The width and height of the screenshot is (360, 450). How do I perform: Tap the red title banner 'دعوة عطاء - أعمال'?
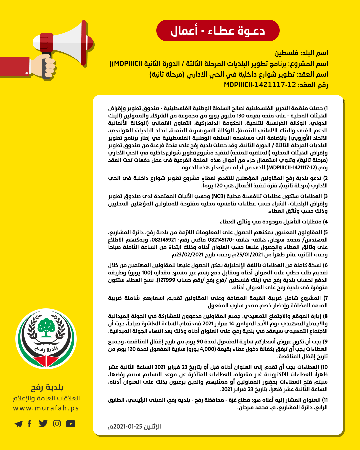point(218,31)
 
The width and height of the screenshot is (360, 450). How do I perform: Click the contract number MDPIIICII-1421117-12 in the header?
point(260,85)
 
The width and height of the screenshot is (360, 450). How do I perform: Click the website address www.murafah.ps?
point(46,408)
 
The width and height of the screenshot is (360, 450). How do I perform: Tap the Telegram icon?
point(19,424)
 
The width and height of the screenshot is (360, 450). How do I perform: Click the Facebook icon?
point(30,424)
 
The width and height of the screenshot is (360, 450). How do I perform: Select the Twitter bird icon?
point(43,424)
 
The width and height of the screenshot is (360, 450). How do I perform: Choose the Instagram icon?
point(57,424)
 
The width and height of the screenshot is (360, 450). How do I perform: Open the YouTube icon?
point(71,424)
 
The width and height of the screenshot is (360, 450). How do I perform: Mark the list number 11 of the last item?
point(325,400)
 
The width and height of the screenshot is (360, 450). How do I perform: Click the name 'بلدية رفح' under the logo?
point(47,387)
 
